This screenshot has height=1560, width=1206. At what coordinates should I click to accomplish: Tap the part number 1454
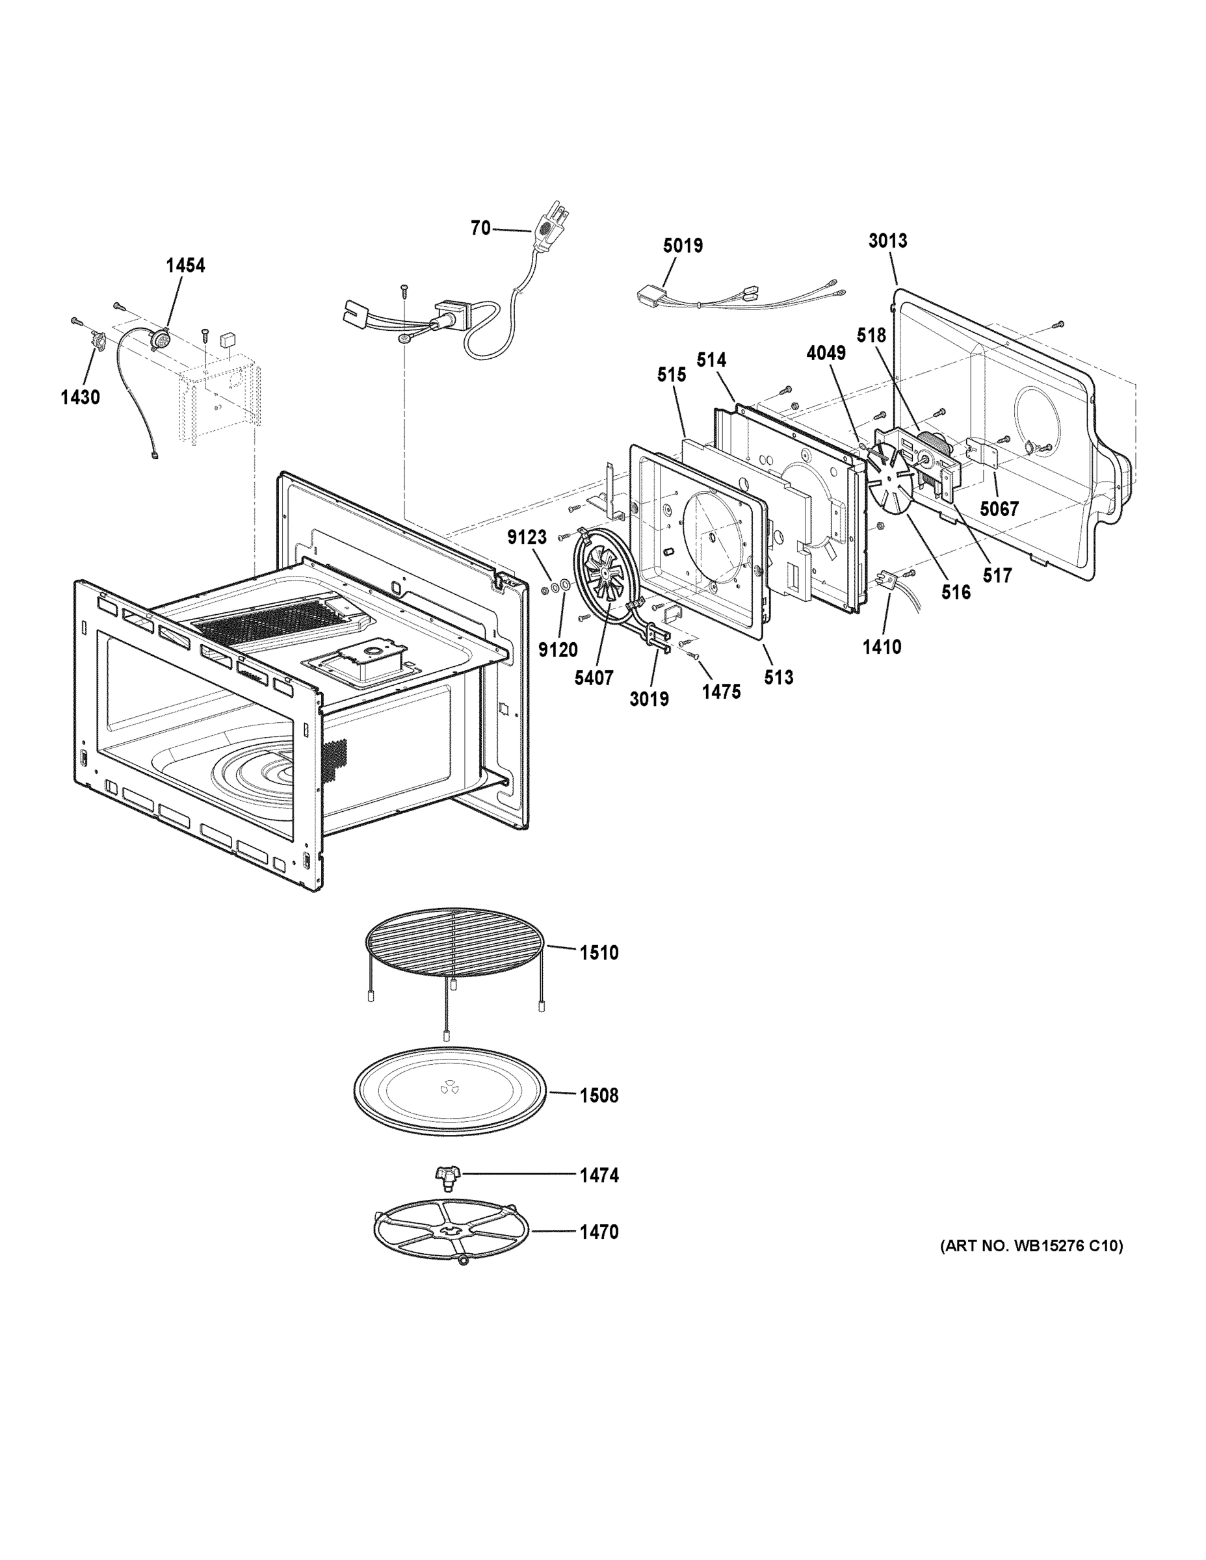[x=185, y=266]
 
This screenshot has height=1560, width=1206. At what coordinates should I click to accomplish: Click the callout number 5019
[x=682, y=246]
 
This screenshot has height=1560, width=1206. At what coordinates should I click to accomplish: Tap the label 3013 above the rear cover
[x=887, y=240]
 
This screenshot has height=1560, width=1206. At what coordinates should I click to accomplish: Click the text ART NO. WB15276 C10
[x=1031, y=1247]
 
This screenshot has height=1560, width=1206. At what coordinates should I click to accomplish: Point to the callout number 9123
[x=527, y=537]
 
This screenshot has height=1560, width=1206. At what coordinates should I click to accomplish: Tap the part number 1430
[x=80, y=397]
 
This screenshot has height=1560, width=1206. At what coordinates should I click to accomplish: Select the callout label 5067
[x=999, y=508]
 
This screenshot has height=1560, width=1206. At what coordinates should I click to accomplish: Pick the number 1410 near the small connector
[x=882, y=647]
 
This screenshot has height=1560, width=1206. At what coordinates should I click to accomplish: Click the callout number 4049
[x=825, y=353]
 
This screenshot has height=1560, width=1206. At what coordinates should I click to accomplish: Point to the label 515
[x=671, y=375]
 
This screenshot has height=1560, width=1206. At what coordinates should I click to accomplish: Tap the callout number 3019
[x=649, y=699]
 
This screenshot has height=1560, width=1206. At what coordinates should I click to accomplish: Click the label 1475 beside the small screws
[x=720, y=691]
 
